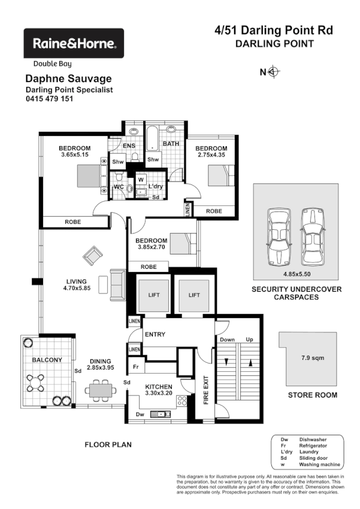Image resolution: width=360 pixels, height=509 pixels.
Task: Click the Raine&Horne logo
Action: pyautogui.click(x=73, y=43)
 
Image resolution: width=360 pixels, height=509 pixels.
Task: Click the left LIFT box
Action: pyautogui.click(x=149, y=295)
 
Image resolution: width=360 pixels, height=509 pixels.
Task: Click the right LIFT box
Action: pyautogui.click(x=193, y=295)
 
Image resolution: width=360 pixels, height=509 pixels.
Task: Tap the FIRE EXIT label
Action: pyautogui.click(x=205, y=390)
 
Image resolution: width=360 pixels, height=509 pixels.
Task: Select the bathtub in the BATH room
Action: pyautogui.click(x=153, y=138)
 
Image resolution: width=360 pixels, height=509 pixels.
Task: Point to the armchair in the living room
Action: pyautogui.click(x=93, y=256)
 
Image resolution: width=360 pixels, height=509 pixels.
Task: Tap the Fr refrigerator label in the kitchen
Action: pyautogui.click(x=136, y=366)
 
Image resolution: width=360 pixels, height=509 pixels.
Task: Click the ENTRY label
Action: pyautogui.click(x=155, y=334)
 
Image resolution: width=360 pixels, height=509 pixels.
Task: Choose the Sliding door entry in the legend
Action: pyautogui.click(x=312, y=458)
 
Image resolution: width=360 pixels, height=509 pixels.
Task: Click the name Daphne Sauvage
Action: pyautogui.click(x=68, y=78)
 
